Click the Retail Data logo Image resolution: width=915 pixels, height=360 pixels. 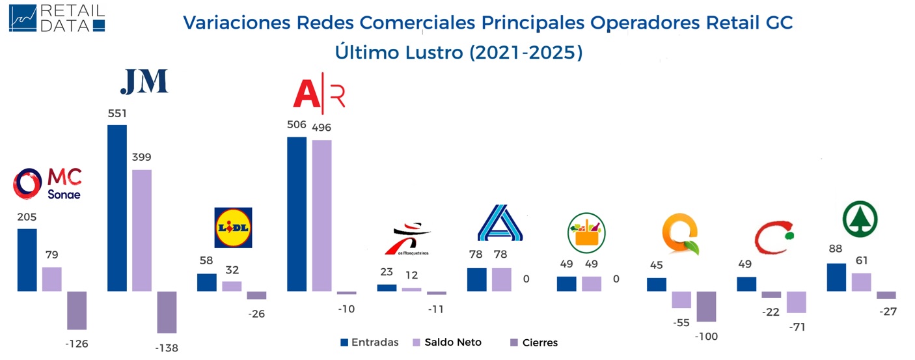pyautogui.click(x=57, y=18)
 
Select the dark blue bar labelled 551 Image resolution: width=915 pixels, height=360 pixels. pyautogui.click(x=116, y=208)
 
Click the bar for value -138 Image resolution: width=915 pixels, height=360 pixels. pyautogui.click(x=167, y=312)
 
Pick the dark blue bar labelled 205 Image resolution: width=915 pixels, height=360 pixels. pyautogui.click(x=27, y=260)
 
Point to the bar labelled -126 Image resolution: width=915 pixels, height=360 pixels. pyautogui.click(x=77, y=310)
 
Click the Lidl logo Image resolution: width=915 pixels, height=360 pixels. pyautogui.click(x=233, y=227)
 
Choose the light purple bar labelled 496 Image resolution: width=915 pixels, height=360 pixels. pyautogui.click(x=321, y=215)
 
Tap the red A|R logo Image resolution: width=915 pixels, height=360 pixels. pyautogui.click(x=319, y=94)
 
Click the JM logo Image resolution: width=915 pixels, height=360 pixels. pyautogui.click(x=144, y=81)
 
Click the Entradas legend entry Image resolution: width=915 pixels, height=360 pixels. pyautogui.click(x=369, y=342)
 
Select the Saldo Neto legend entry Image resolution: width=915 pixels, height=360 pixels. pyautogui.click(x=447, y=342)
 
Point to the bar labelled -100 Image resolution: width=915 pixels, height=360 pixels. pyautogui.click(x=706, y=306)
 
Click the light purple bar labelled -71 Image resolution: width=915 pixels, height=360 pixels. pyautogui.click(x=797, y=302)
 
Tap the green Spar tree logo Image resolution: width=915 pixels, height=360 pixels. pyautogui.click(x=860, y=218)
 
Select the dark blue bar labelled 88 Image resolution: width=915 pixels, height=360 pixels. pyautogui.click(x=836, y=277)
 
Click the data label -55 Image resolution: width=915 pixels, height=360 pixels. pyautogui.click(x=681, y=322)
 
